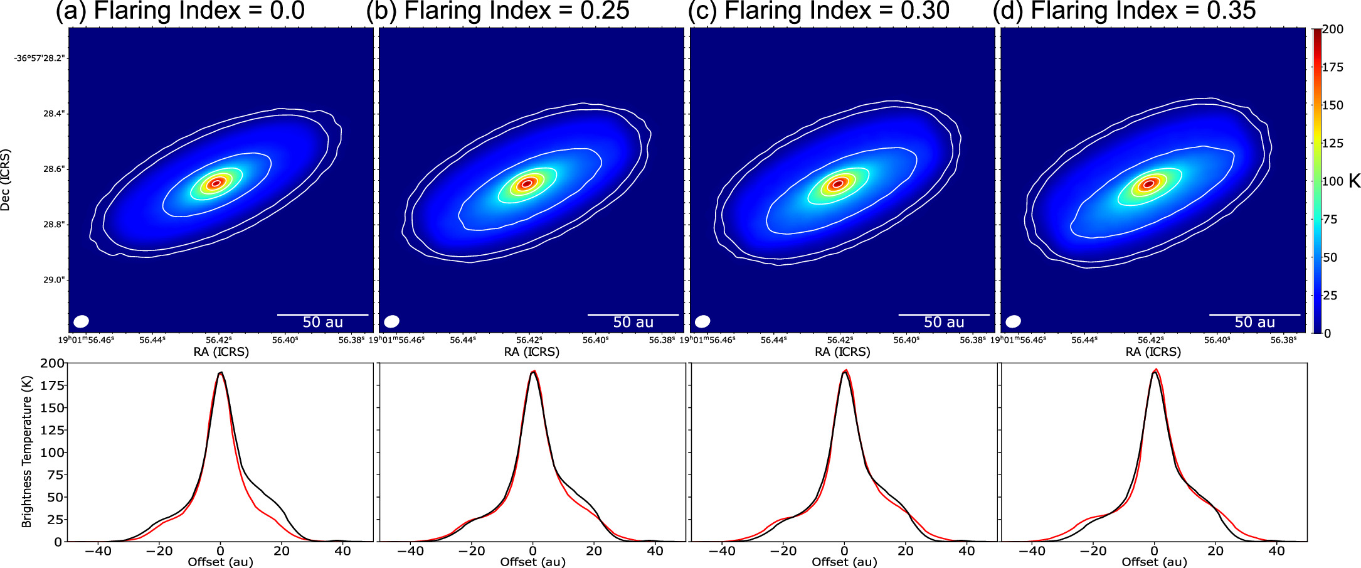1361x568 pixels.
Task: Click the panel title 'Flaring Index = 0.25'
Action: tap(516, 11)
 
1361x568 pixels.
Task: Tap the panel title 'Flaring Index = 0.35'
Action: tap(1143, 11)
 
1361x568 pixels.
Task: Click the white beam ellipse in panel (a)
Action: tap(81, 321)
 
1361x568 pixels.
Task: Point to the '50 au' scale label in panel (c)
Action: tap(943, 323)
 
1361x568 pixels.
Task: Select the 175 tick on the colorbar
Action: tap(1332, 67)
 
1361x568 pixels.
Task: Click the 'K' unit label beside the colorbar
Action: tap(1354, 181)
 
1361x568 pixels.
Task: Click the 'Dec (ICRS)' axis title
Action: tap(6, 180)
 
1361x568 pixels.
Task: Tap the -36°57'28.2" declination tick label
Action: tap(40, 58)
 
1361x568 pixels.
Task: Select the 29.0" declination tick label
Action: tap(53, 280)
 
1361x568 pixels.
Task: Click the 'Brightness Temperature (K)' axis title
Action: tap(26, 452)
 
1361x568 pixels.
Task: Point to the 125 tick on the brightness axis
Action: tap(51, 430)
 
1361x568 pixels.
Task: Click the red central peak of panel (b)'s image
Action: tap(527, 183)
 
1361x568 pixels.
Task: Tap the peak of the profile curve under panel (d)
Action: tap(1155, 370)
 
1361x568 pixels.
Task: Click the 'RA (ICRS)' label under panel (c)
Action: tap(842, 352)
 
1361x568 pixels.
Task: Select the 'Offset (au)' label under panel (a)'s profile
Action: tap(220, 562)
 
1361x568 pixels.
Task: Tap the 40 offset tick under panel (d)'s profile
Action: tap(1276, 551)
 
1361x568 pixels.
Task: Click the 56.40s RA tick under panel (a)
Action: tap(285, 340)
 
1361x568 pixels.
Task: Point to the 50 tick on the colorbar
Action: tap(1330, 257)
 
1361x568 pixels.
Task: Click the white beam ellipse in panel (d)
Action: tap(1013, 321)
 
